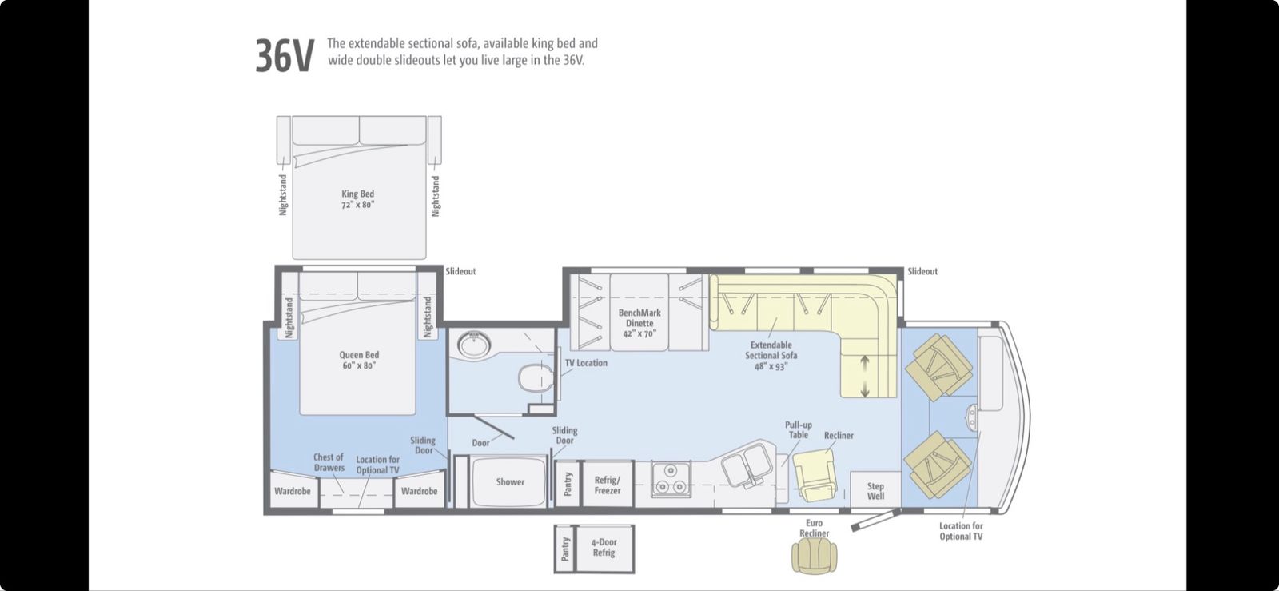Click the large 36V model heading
pyautogui.click(x=285, y=56)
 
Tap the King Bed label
pyautogui.click(x=358, y=199)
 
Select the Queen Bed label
pyautogui.click(x=359, y=361)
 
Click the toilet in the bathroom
pyautogui.click(x=536, y=377)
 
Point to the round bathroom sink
pyautogui.click(x=474, y=345)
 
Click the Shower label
pyautogui.click(x=510, y=482)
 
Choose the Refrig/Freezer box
pyautogui.click(x=608, y=484)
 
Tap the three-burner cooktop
pyautogui.click(x=671, y=479)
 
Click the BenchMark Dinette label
pyautogui.click(x=639, y=323)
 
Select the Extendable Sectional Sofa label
pyautogui.click(x=771, y=356)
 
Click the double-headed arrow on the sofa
pyautogui.click(x=865, y=377)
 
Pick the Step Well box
pyautogui.click(x=875, y=489)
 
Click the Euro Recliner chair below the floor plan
pyautogui.click(x=815, y=556)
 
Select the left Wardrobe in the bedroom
pyautogui.click(x=293, y=490)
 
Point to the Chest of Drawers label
pyautogui.click(x=329, y=462)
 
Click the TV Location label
pyautogui.click(x=587, y=362)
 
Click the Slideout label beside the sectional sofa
pyautogui.click(x=922, y=271)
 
